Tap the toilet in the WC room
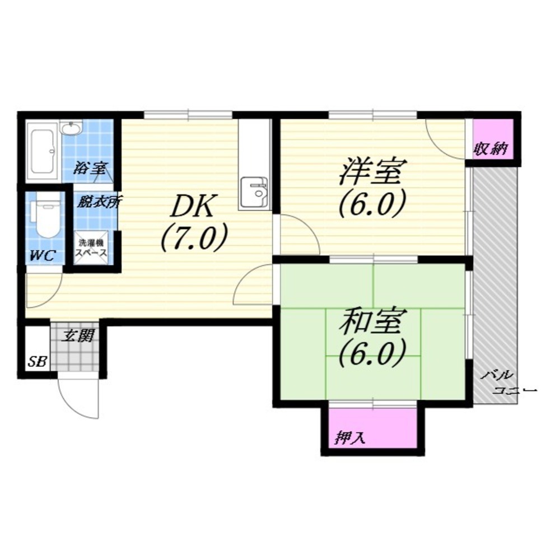46,220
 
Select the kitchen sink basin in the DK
254,193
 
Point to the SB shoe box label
37,362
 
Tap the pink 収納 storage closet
493,139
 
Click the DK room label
193,207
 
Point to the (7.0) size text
194,237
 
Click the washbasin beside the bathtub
72,128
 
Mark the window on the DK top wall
188,115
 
